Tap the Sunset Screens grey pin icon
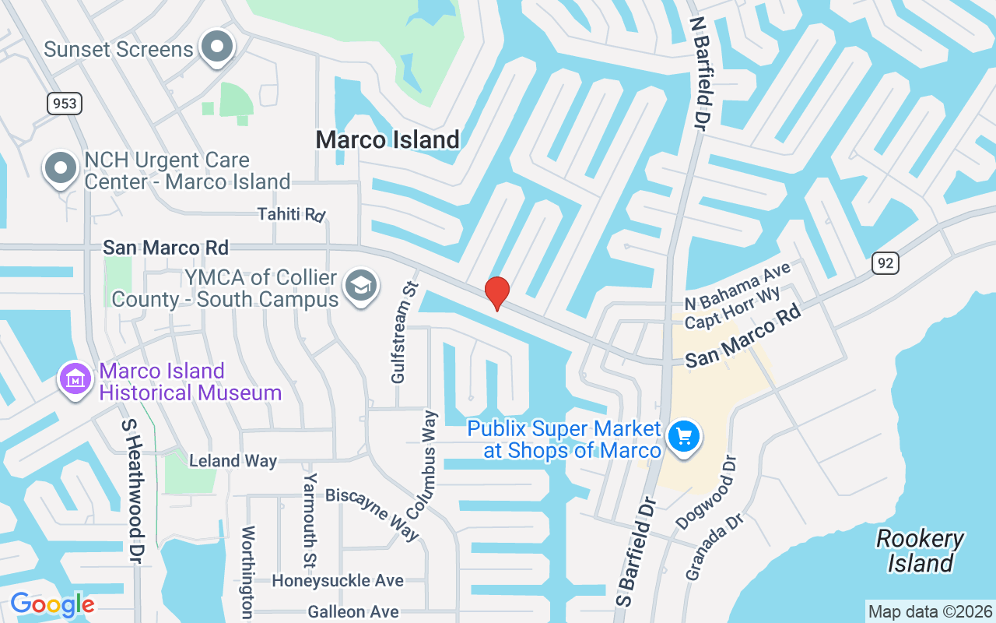(218, 48)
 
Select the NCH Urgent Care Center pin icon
(61, 167)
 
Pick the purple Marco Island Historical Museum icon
(75, 380)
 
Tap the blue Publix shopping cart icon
(685, 437)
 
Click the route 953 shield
(64, 103)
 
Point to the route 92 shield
(885, 263)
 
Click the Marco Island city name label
(388, 140)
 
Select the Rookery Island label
(920, 551)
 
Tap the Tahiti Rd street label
(291, 214)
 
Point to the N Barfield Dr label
(702, 74)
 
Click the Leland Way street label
(233, 461)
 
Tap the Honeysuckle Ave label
(338, 581)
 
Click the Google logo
(52, 604)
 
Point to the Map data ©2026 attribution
(930, 611)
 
